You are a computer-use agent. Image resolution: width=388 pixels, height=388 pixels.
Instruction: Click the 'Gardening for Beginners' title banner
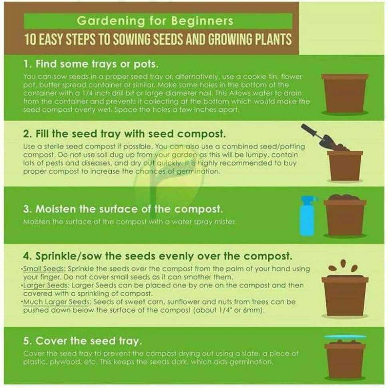pos(158,21)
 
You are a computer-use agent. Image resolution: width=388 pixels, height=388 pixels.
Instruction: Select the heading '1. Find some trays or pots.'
pos(91,64)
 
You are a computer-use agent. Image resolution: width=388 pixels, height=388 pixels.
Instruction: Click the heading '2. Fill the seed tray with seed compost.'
pos(125,134)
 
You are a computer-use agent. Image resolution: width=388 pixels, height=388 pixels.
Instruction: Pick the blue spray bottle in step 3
pos(307,215)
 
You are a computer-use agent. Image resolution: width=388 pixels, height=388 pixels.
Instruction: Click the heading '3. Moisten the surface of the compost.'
pos(123,209)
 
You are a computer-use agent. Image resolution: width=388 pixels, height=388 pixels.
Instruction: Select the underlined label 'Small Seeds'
pos(44,269)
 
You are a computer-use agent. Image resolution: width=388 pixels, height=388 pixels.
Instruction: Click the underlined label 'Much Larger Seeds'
pos(56,302)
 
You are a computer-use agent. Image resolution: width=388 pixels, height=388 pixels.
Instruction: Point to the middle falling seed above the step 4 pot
pos(343,263)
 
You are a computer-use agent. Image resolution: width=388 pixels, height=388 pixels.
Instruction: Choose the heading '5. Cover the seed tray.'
pos(83,341)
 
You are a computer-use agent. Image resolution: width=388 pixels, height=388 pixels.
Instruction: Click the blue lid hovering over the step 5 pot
pos(345,337)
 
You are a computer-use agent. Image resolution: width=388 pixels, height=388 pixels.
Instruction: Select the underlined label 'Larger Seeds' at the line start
pos(45,285)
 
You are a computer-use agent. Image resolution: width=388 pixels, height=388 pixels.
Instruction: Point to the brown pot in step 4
pos(345,296)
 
